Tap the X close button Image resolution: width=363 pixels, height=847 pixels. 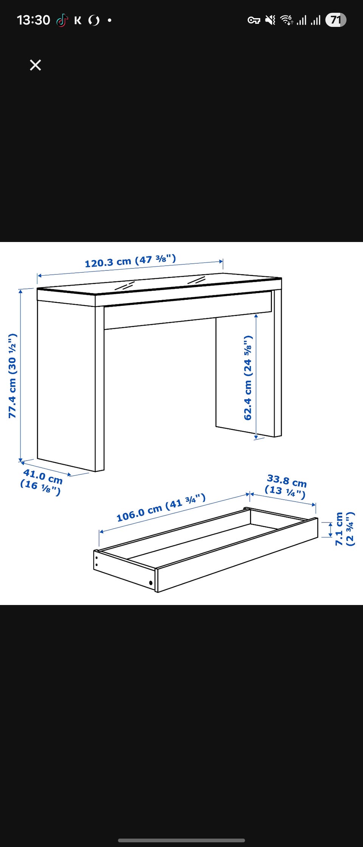pos(36,65)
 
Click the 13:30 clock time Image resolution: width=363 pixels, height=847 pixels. pos(33,20)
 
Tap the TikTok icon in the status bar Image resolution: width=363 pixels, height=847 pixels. pos(62,20)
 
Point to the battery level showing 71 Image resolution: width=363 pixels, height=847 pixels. pos(336,20)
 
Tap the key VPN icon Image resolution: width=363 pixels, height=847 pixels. pos(254,20)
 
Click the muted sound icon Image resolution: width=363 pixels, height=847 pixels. pos(270,20)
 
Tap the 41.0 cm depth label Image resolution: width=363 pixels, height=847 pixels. pos(43,476)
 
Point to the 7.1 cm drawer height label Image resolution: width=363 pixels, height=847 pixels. pos(339,529)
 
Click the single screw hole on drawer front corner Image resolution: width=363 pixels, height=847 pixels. pos(151,583)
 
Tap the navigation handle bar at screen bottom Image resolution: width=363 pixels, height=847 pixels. pos(181,841)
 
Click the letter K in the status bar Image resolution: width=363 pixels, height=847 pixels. pos(78,20)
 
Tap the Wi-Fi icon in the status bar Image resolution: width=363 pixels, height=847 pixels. pos(287,20)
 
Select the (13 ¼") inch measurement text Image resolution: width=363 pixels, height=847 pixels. pos(285,492)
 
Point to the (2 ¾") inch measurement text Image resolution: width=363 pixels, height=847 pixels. pos(351,529)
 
